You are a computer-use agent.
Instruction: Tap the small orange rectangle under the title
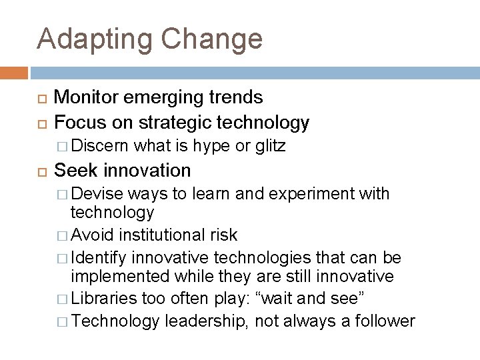(14, 72)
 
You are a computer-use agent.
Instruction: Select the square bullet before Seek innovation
(41, 171)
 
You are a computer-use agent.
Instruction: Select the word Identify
(99, 257)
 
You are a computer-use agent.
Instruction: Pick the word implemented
(123, 275)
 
